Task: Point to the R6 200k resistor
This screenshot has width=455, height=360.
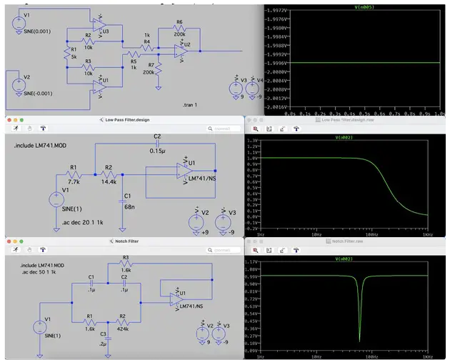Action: point(179,34)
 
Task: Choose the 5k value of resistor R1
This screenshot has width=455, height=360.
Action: point(72,58)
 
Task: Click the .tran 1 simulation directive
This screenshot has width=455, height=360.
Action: point(193,104)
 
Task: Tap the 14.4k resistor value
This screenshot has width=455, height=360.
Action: point(108,182)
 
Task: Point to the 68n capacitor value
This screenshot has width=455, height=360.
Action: point(128,206)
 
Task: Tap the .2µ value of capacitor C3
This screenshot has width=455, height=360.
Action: point(104,343)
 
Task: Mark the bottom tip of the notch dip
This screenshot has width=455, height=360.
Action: point(359,340)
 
